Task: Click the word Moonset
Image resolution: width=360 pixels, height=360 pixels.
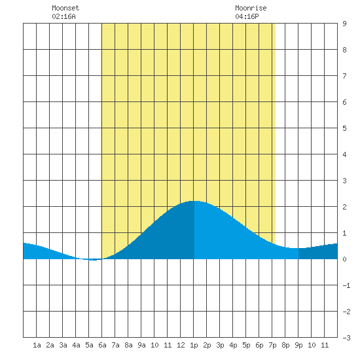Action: [x=65, y=8]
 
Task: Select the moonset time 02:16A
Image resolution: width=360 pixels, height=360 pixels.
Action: [x=63, y=16]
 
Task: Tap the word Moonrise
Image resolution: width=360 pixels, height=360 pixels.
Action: [x=251, y=8]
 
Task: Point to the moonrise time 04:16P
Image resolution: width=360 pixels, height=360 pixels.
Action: [x=247, y=16]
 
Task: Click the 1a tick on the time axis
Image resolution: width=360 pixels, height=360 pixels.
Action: [x=37, y=345]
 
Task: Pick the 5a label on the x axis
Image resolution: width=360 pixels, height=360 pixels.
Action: [x=89, y=345]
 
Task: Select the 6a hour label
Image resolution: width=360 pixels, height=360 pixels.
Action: [x=102, y=345]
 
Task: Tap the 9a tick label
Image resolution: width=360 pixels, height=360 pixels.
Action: [x=141, y=345]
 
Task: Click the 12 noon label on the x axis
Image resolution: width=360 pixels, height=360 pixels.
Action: [x=181, y=345]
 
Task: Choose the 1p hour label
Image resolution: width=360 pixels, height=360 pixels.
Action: [x=194, y=345]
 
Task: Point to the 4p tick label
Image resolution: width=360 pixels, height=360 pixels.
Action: [x=233, y=345]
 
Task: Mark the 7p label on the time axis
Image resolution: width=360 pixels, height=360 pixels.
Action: [x=272, y=345]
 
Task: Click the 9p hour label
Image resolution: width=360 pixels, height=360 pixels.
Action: [x=298, y=345]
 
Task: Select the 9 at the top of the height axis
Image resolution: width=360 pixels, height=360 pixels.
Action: [x=344, y=24]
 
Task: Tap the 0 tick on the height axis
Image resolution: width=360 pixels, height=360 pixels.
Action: [x=344, y=259]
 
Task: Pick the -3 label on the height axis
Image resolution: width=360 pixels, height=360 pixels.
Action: [x=346, y=338]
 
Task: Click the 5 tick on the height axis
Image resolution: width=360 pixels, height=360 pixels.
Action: [x=344, y=128]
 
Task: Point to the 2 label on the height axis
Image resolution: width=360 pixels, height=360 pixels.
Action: [x=344, y=207]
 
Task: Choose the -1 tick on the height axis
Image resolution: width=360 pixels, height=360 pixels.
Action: [x=346, y=285]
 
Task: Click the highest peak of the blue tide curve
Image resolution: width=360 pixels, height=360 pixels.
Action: [x=194, y=201]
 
